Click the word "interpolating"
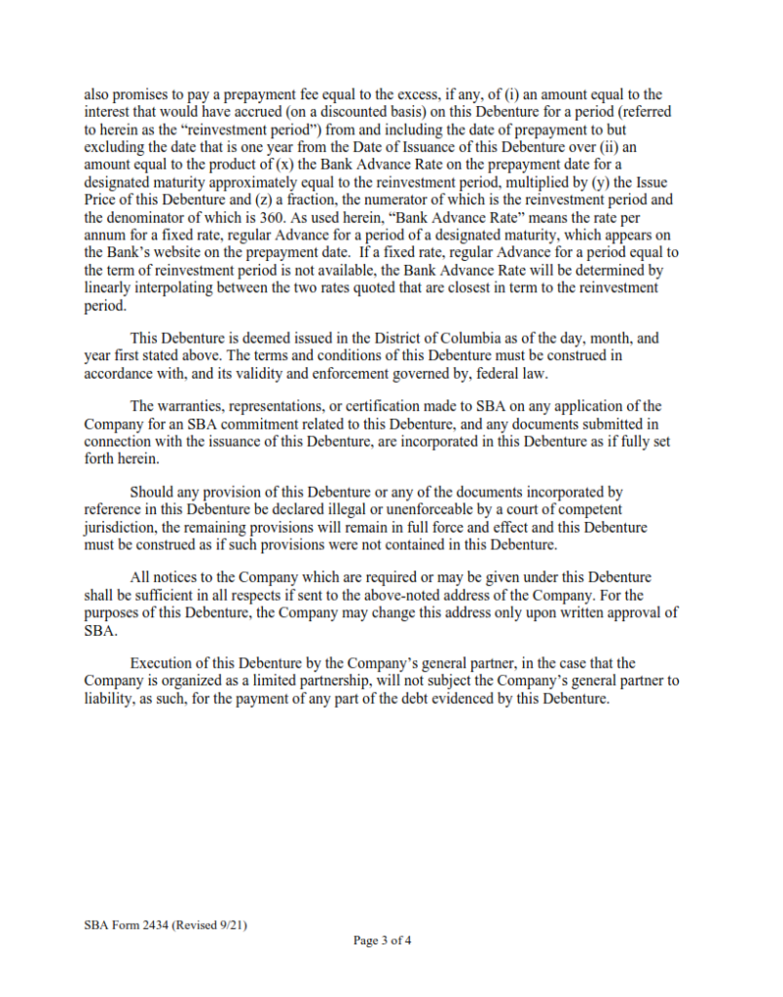click(165, 288)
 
